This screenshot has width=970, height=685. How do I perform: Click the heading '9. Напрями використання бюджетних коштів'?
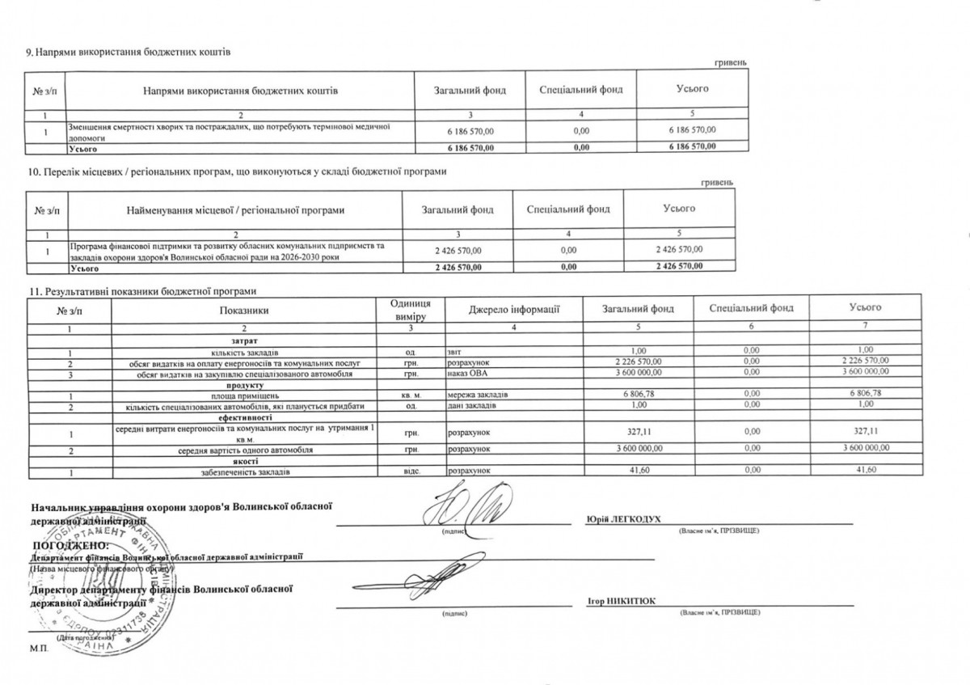(129, 53)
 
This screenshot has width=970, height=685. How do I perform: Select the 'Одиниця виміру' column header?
(410, 308)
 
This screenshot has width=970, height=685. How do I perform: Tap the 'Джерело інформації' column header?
(514, 308)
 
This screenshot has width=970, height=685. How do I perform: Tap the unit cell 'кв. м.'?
(411, 394)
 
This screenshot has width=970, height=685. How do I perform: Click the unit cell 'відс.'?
(411, 471)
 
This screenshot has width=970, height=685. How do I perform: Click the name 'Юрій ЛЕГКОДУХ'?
(620, 518)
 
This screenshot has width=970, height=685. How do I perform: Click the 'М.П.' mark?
(38, 649)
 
